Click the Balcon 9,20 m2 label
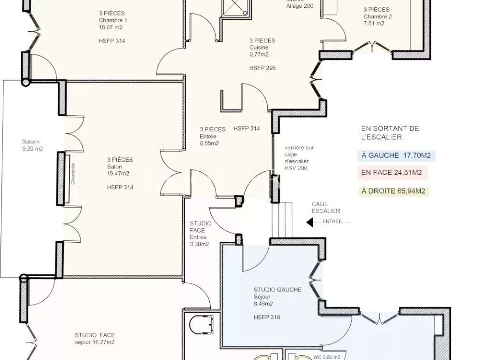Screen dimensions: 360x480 point(32,145)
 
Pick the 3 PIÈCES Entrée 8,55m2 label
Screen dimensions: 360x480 point(213,136)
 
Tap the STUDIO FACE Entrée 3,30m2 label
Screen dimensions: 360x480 point(200,234)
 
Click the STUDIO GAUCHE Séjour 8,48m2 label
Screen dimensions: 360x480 point(277,297)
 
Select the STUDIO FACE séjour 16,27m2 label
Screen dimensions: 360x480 point(95,339)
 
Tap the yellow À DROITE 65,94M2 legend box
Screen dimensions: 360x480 point(394,191)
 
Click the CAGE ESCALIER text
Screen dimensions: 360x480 point(326,208)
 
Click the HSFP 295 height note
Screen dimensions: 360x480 point(262,68)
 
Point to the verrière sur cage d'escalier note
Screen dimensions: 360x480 point(297,158)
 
